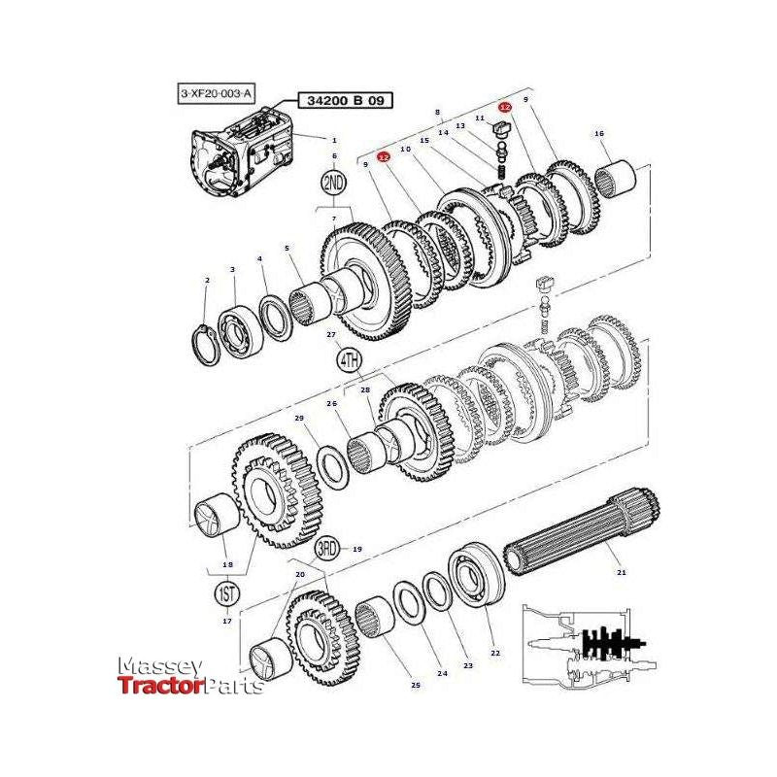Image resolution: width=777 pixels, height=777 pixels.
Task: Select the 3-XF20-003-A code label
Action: point(216,93)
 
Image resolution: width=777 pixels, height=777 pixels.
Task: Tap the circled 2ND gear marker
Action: point(334,183)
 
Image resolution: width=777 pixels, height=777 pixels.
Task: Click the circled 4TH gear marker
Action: point(349,360)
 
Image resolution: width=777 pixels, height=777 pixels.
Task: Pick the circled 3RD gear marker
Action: point(326,549)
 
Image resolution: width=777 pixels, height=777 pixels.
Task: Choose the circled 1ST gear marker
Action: point(226,591)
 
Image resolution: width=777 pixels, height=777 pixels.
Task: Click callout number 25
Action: point(416,686)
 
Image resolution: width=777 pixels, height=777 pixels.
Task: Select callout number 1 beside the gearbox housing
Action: point(334,140)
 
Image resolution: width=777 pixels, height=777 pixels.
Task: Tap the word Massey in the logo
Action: point(159,666)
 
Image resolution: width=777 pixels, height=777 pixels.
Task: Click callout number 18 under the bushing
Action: point(227,564)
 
